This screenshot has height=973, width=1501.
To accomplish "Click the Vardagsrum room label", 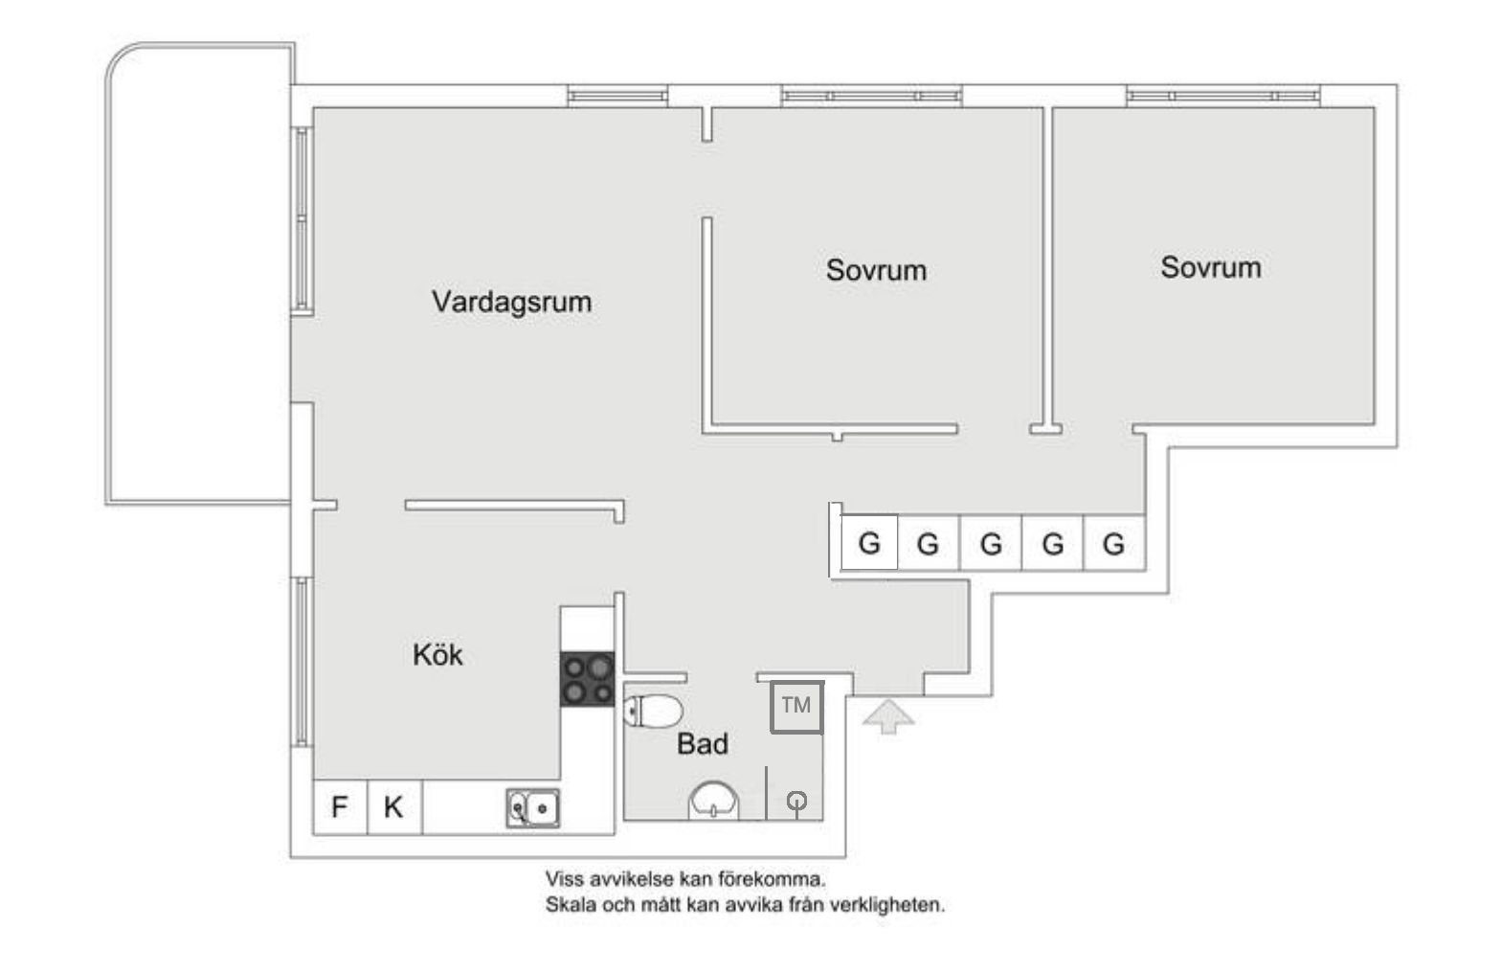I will coord(511,302).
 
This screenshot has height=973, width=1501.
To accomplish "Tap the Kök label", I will coord(437,655).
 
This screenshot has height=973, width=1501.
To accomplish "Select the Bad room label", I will coord(703,744).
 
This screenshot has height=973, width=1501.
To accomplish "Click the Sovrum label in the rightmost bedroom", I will coord(1210,267).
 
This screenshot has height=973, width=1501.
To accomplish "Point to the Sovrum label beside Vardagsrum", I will coord(876,270).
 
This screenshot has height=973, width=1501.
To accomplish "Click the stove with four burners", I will coord(588,679).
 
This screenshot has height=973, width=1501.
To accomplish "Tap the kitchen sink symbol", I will coord(533,808).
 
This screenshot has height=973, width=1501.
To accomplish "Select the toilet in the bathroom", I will coord(653,712).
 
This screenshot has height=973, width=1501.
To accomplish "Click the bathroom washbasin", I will coord(714,802).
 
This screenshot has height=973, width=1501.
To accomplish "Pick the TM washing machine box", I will coord(796,707).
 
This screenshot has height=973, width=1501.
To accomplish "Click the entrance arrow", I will coord(888,715).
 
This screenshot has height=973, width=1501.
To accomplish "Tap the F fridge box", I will coord(340,807).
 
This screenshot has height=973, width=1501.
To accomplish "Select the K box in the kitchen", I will coord(393,807).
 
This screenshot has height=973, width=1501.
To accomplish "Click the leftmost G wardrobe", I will coord(869,543).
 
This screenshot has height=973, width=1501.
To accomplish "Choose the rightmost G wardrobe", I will coord(1113,544).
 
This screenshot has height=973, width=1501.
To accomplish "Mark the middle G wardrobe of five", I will coord(991,544).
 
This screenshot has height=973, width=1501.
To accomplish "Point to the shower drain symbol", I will coord(795,802).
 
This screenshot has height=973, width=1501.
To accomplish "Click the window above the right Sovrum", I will coord(1223,96).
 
